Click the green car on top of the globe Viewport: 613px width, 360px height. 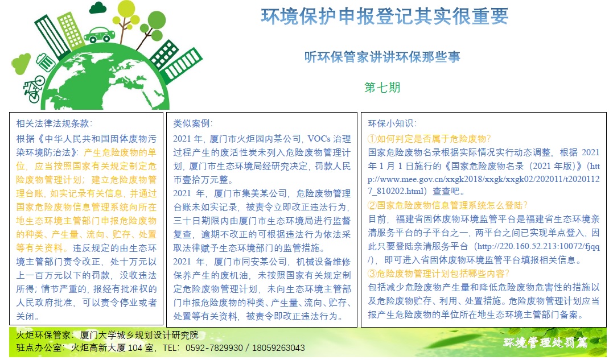[x=99, y=35]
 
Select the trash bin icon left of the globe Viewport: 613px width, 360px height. [x=46, y=62]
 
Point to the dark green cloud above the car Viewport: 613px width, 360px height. [x=98, y=8]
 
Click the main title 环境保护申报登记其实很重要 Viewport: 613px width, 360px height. [x=385, y=16]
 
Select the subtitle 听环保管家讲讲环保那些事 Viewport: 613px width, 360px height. [x=382, y=57]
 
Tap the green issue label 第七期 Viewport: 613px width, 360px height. [x=382, y=87]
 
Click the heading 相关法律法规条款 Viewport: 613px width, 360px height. [x=54, y=123]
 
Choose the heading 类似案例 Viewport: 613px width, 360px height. [x=192, y=123]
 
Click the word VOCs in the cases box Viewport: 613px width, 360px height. [x=319, y=139]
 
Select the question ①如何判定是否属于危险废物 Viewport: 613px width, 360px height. [x=429, y=139]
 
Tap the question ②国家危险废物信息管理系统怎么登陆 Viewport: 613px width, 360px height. [x=448, y=205]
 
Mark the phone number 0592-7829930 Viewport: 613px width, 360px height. [x=213, y=348]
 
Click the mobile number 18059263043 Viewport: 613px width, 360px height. [x=278, y=348]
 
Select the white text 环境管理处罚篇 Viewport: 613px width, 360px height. [x=545, y=342]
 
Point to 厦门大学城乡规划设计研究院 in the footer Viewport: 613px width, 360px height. [x=139, y=335]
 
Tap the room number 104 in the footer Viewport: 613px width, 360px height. [x=135, y=348]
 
